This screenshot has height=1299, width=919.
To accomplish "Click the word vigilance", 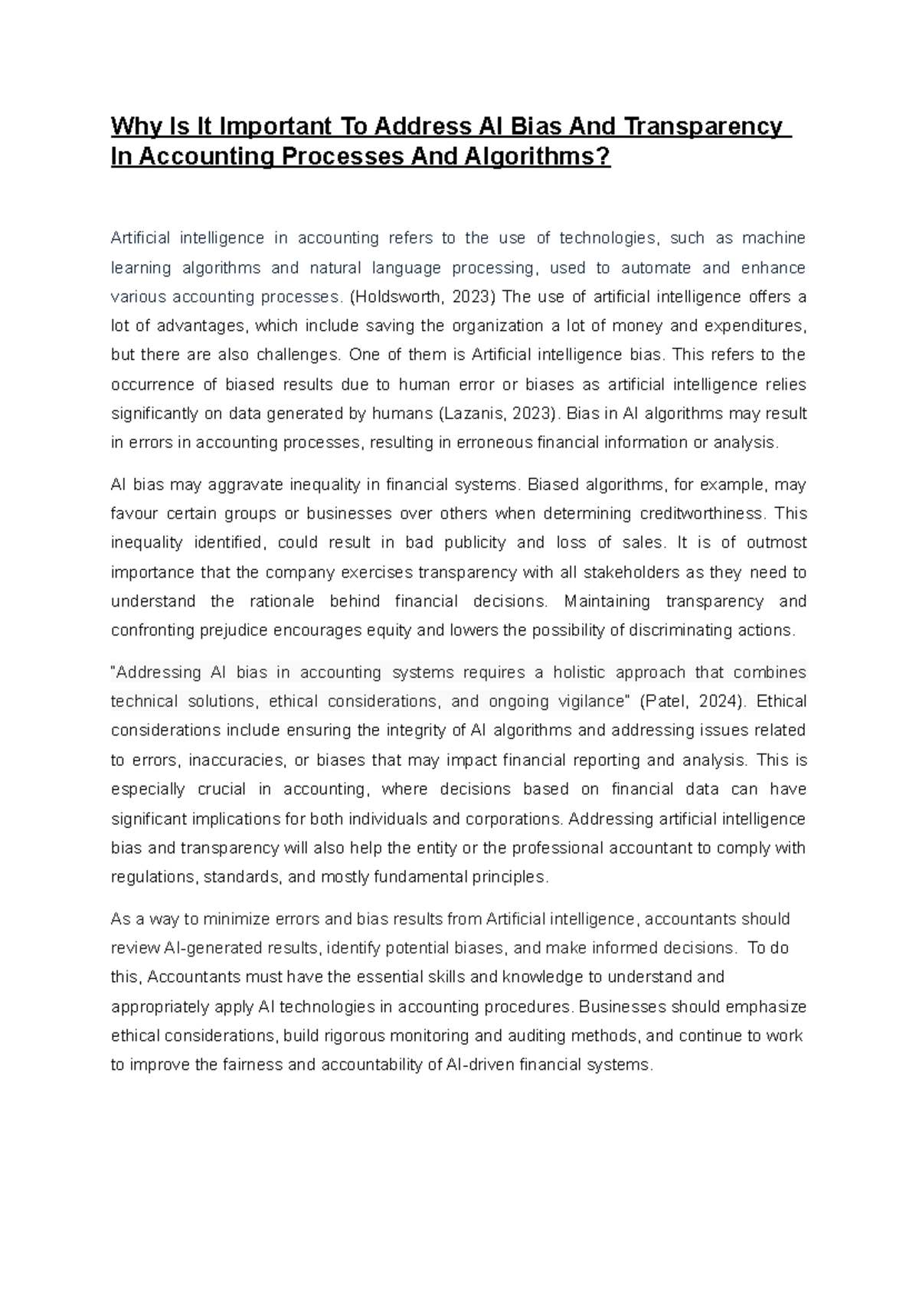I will (x=587, y=702).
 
